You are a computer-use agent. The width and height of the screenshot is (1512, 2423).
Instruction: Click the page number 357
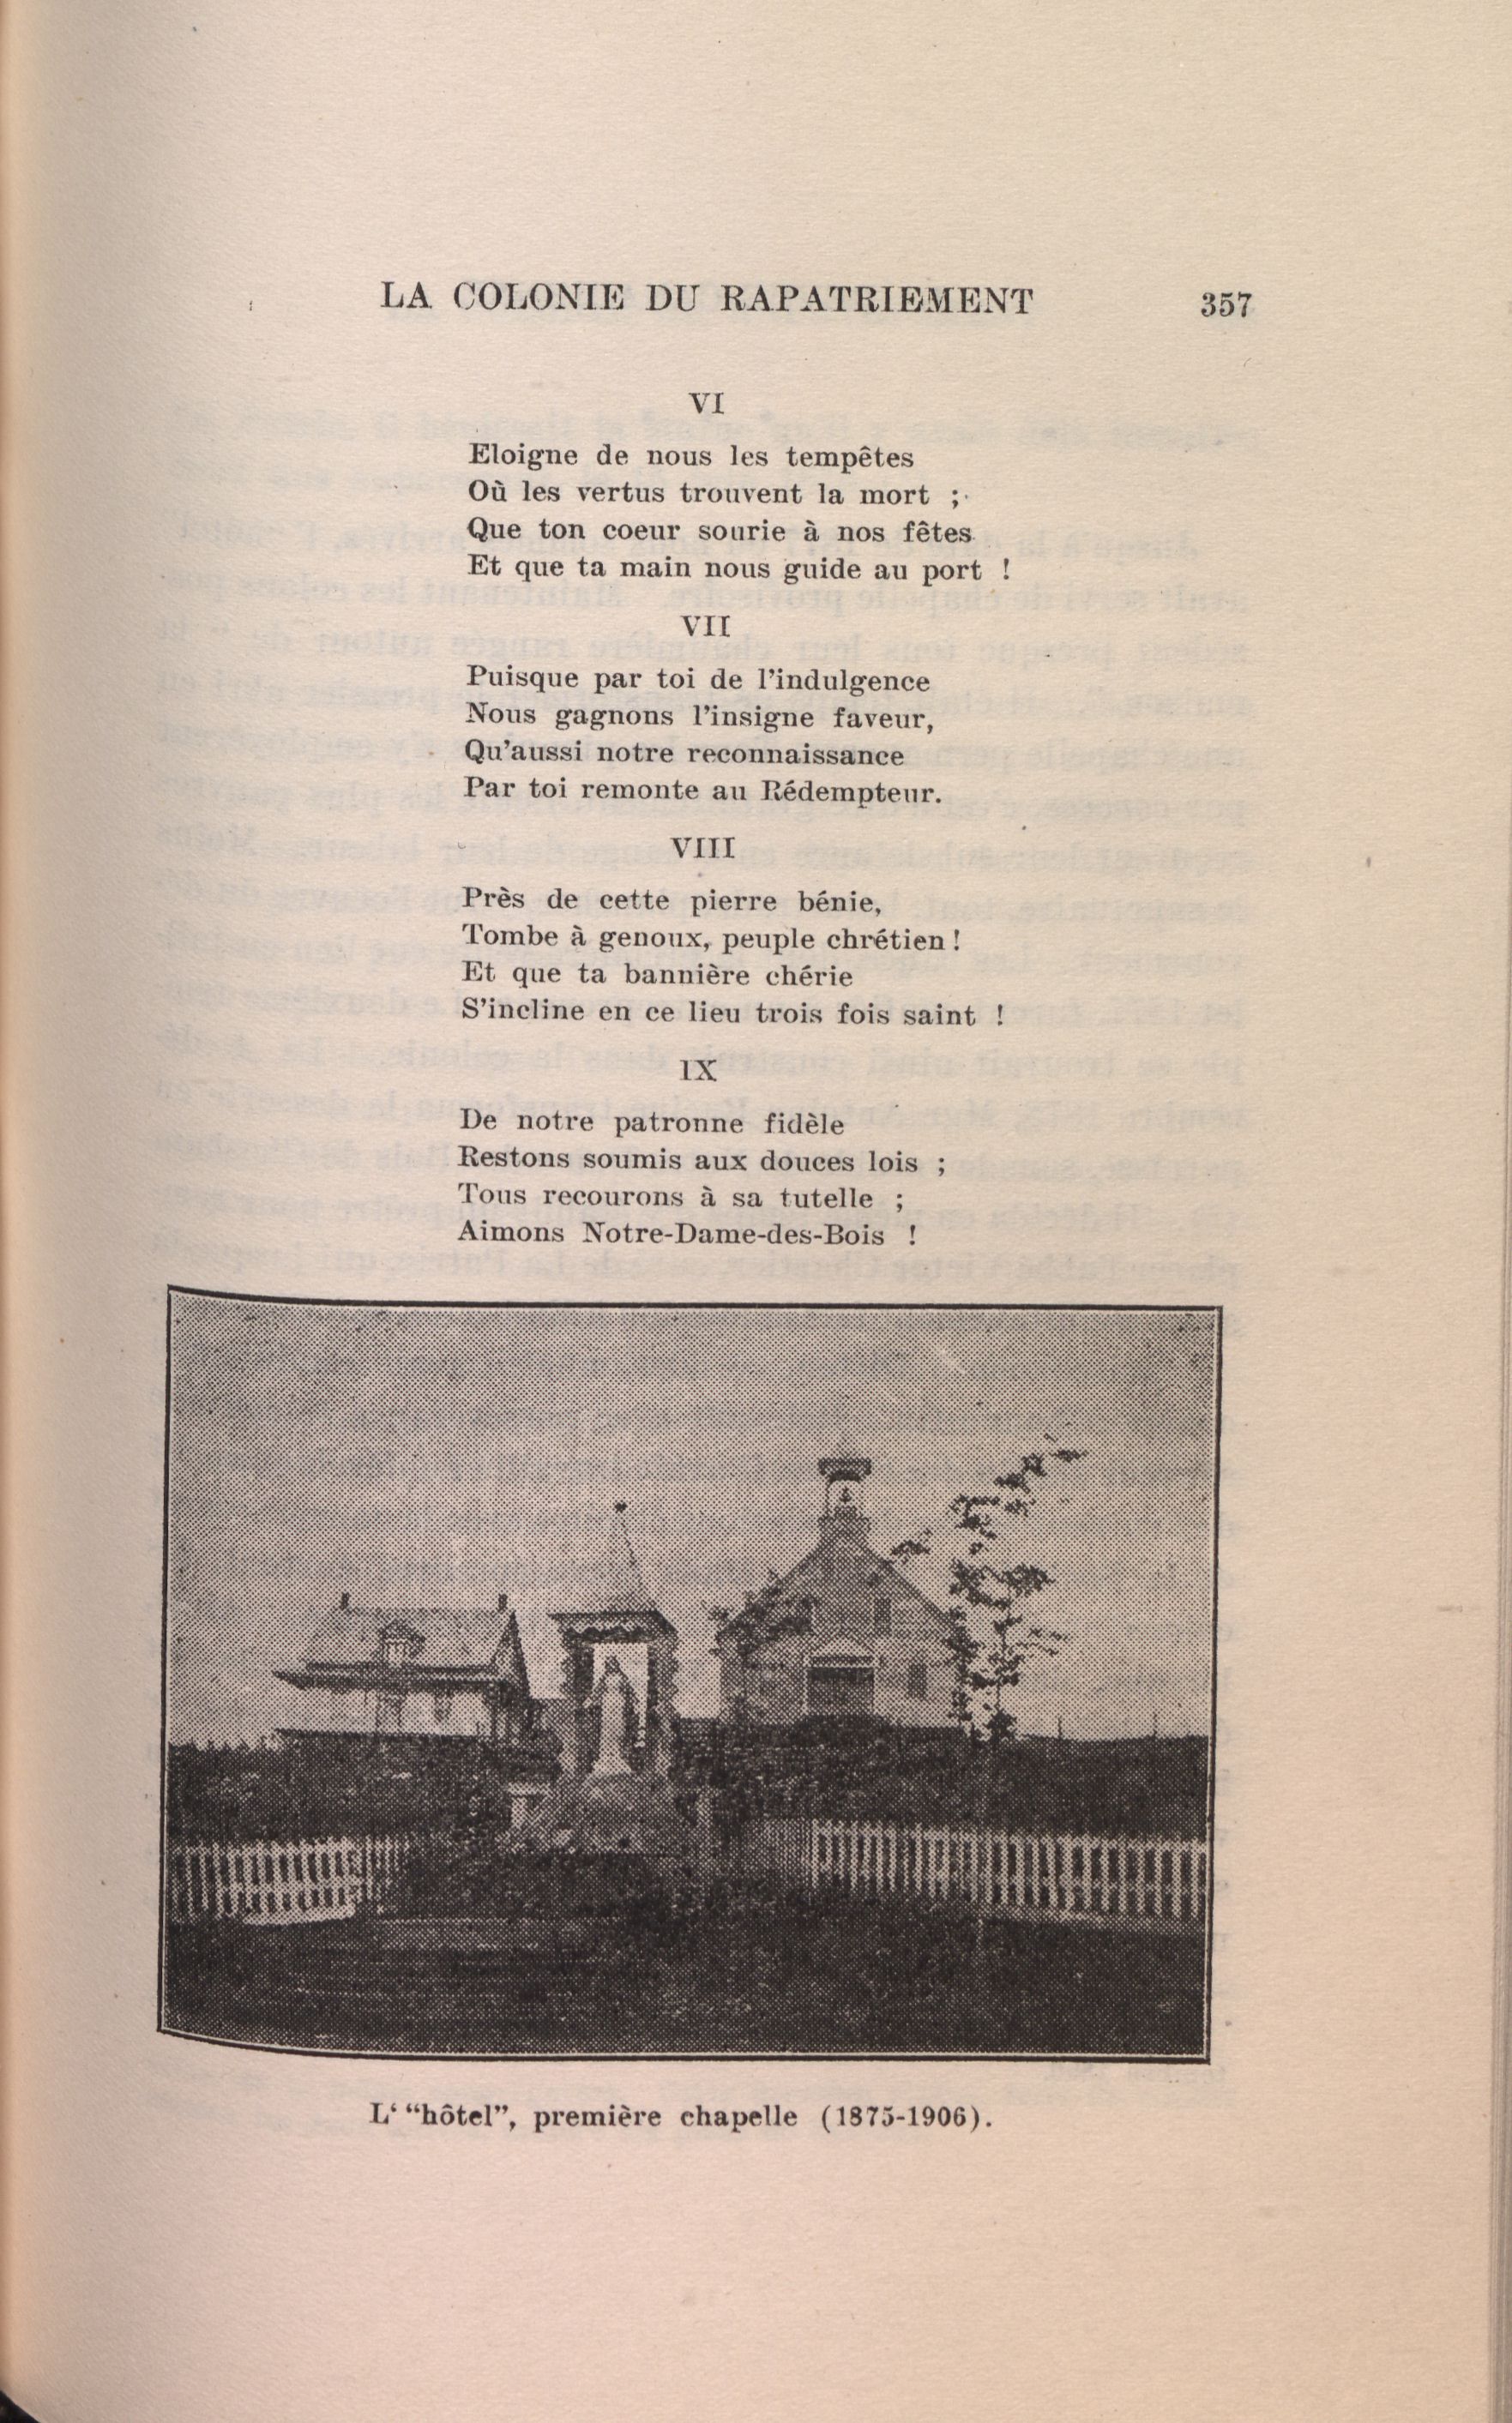[1226, 304]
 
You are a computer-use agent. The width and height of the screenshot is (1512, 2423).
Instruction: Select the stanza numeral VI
[706, 404]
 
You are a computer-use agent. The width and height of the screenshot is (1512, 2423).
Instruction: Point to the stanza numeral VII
[706, 627]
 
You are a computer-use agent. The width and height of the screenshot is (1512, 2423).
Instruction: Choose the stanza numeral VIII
[703, 849]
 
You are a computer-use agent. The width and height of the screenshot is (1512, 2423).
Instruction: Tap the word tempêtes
[849, 458]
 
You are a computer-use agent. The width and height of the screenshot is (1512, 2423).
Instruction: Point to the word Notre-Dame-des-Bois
[734, 1235]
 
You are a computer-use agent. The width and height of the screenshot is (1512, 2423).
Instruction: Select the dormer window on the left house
[398, 1640]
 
